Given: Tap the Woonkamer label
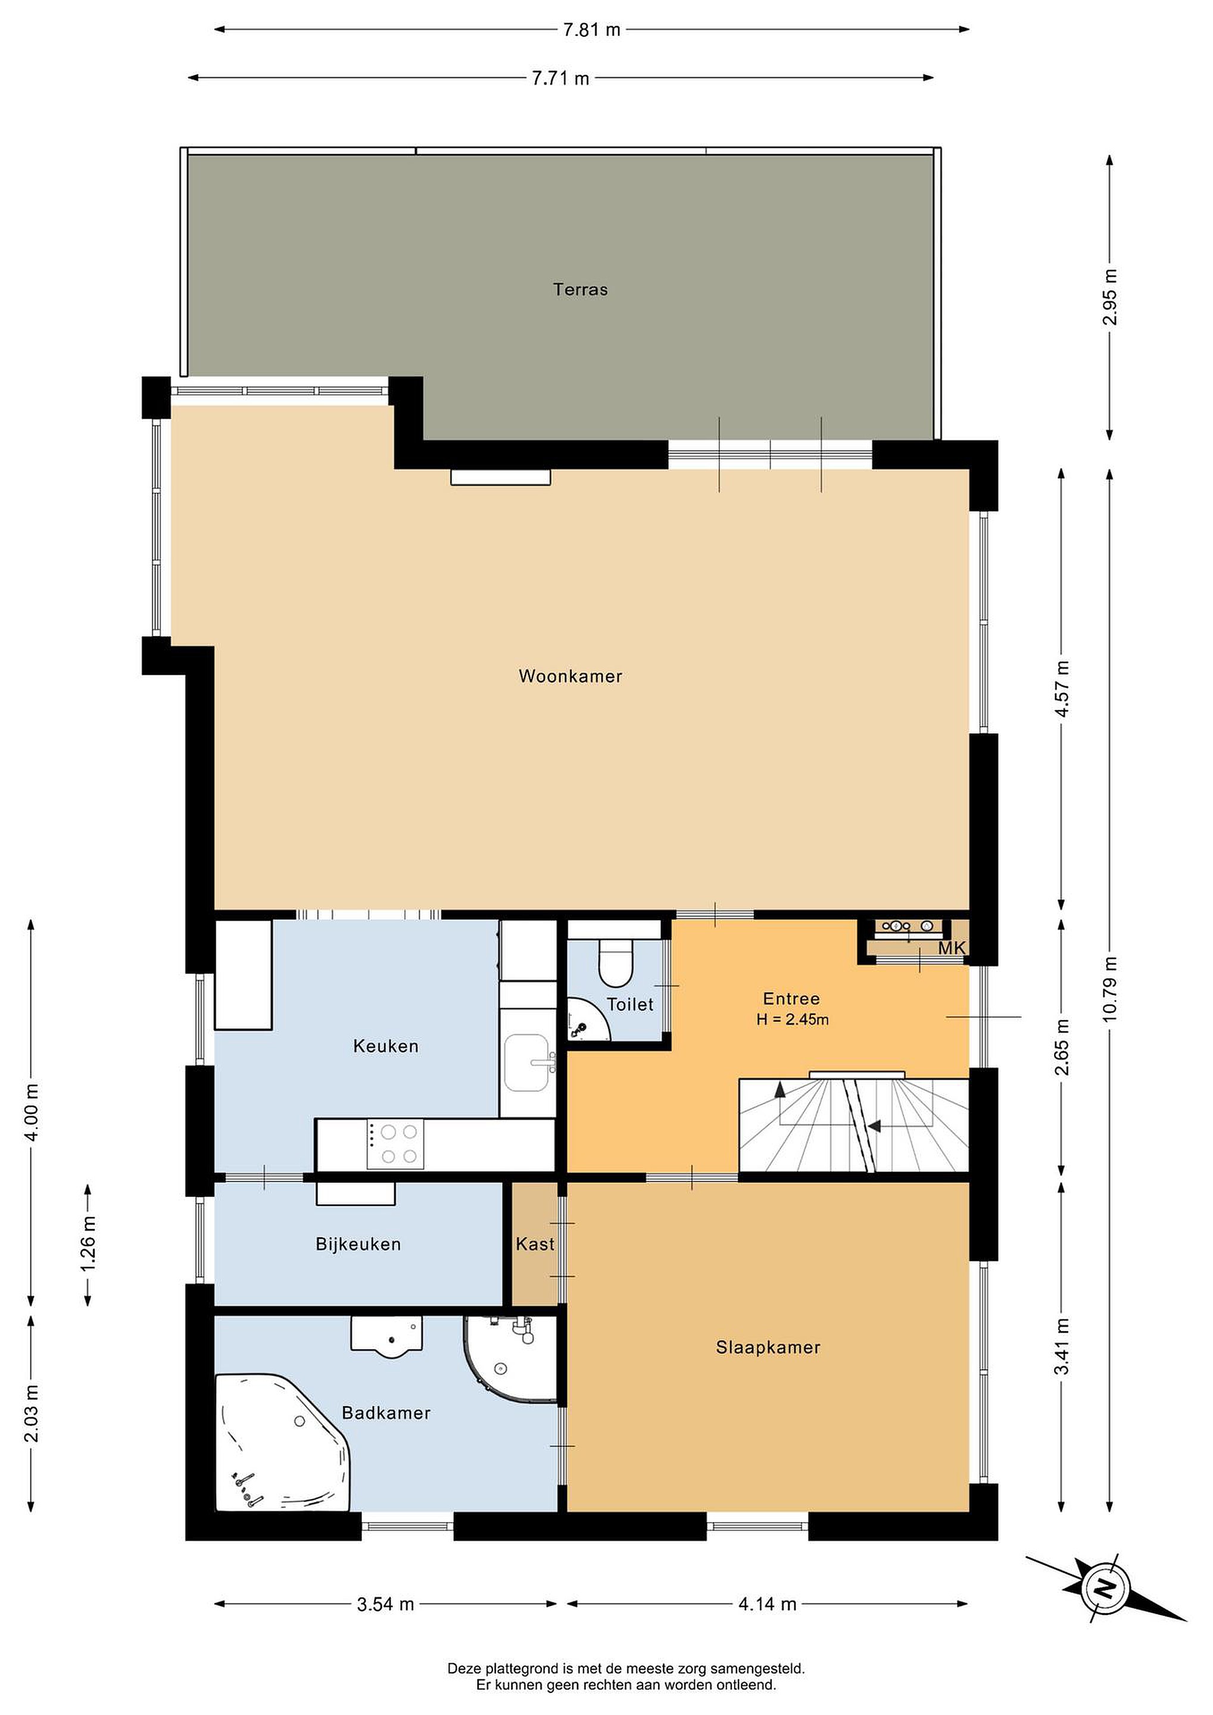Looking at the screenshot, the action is (570, 676).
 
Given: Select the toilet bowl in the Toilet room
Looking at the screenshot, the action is (616, 962).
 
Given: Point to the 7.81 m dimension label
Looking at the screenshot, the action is (591, 30).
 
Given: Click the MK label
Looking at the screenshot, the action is (952, 948).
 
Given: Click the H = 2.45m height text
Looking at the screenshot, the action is (792, 1019).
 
